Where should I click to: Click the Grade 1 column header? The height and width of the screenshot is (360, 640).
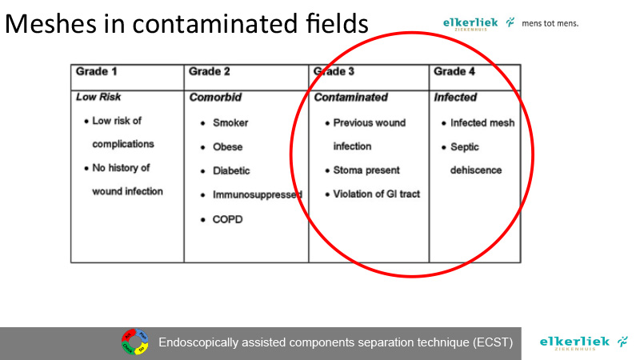[x=96, y=71]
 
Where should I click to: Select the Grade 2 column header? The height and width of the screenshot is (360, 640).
[x=209, y=71]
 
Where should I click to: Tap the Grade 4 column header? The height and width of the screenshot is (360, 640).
[x=454, y=71]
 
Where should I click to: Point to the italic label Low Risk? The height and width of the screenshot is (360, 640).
[x=98, y=97]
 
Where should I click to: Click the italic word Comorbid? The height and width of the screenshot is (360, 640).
[x=215, y=97]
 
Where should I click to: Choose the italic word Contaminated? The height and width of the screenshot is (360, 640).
[x=350, y=97]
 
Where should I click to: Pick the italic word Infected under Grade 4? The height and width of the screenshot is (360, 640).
[x=455, y=97]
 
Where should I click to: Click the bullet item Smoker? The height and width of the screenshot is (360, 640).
[x=230, y=123]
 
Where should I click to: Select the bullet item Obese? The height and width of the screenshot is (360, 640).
[x=227, y=147]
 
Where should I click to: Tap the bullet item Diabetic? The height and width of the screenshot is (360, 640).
[x=231, y=170]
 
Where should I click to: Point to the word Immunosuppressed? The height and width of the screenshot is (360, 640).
[x=258, y=195]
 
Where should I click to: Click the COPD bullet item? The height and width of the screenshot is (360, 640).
[x=227, y=219]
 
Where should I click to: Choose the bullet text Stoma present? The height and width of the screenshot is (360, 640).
[x=366, y=170]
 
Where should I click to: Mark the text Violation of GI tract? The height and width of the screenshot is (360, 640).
[x=376, y=194]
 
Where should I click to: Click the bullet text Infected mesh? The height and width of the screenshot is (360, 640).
[x=482, y=123]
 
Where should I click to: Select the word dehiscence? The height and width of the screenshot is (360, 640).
[x=476, y=170]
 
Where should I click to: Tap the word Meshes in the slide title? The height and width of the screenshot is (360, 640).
[x=50, y=23]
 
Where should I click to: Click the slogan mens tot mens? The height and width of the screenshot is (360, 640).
[x=550, y=23]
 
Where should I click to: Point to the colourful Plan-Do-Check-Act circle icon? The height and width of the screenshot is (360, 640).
[x=134, y=342]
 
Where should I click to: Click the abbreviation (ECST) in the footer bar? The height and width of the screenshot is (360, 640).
[x=493, y=342]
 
